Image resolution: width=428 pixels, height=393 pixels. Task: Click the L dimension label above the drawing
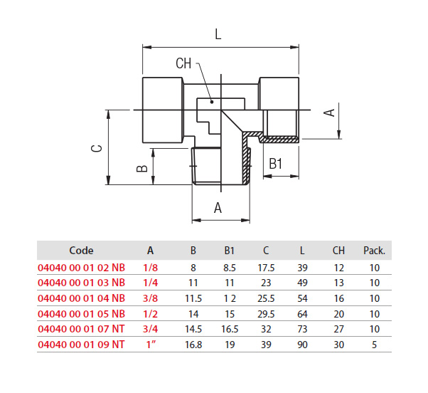218,34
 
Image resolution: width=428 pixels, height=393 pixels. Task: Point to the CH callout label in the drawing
183,63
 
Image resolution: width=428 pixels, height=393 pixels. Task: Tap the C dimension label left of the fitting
97,148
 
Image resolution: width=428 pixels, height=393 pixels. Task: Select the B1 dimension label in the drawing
275,164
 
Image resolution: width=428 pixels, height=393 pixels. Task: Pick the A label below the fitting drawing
218,208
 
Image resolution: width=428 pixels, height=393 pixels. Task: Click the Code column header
81,251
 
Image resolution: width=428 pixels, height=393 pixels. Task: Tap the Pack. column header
374,251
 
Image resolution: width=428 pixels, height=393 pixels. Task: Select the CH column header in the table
338,251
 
